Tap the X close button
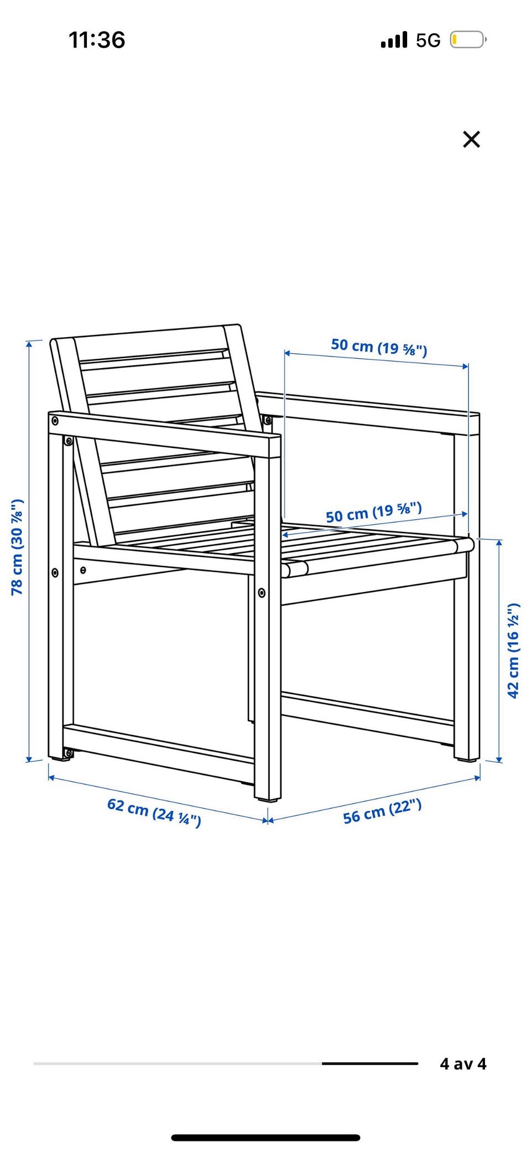coord(471,140)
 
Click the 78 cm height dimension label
coord(17,547)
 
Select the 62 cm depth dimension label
coord(154,812)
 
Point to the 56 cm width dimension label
coord(382,812)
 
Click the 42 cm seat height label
coord(513,650)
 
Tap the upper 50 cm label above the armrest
coord(379,347)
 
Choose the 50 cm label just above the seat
coord(373,512)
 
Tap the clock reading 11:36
coord(97,40)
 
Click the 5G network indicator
coord(428,40)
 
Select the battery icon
coord(468,40)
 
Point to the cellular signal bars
coord(394,40)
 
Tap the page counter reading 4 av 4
coord(463,1063)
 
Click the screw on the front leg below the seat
coord(262,593)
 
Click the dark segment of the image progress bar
coord(370,1063)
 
